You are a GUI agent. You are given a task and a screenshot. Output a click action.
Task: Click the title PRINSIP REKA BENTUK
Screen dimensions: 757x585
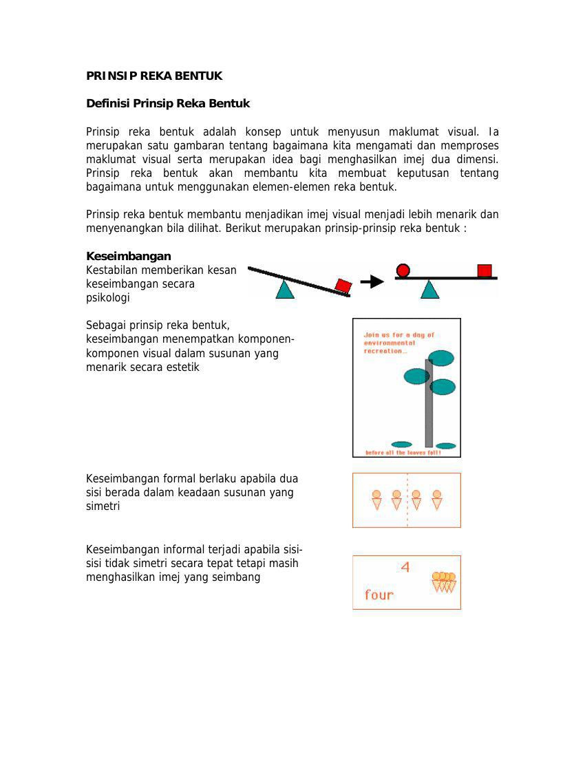pyautogui.click(x=154, y=76)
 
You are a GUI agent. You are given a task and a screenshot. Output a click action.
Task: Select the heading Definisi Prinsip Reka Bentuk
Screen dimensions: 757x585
pyautogui.click(x=168, y=104)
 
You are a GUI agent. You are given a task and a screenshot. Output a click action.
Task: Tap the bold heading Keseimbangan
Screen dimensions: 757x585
pyautogui.click(x=129, y=257)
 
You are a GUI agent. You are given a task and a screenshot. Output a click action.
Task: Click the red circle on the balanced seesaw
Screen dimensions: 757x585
pyautogui.click(x=403, y=270)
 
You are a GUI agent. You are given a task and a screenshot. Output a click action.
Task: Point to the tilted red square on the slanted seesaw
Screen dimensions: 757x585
pyautogui.click(x=343, y=286)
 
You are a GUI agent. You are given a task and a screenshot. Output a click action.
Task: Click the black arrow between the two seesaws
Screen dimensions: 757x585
pyautogui.click(x=372, y=281)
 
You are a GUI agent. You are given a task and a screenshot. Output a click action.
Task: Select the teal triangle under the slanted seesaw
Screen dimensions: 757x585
pyautogui.click(x=286, y=290)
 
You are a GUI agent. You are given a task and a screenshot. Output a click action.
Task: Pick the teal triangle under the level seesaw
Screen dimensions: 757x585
pyautogui.click(x=430, y=290)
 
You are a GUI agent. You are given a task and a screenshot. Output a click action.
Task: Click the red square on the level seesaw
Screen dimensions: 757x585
pyautogui.click(x=485, y=270)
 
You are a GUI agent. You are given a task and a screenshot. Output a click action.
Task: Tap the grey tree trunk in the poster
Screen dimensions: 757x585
pyautogui.click(x=429, y=403)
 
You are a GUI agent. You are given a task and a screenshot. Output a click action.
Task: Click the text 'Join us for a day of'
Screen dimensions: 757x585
pyautogui.click(x=399, y=335)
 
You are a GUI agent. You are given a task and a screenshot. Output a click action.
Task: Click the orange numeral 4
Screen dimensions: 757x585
pyautogui.click(x=405, y=567)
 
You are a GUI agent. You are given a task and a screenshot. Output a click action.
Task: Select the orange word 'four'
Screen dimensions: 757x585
pyautogui.click(x=379, y=595)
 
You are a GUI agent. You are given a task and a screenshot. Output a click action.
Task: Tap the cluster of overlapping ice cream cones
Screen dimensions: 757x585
pyautogui.click(x=444, y=582)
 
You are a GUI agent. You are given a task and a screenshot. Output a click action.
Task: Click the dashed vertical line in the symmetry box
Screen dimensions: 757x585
pyautogui.click(x=407, y=500)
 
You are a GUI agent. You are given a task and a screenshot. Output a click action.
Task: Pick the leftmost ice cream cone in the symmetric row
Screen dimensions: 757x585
pyautogui.click(x=376, y=500)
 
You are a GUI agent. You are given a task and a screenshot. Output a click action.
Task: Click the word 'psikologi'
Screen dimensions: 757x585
pyautogui.click(x=108, y=299)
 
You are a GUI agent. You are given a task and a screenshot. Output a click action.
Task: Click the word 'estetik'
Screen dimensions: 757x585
pyautogui.click(x=181, y=367)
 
